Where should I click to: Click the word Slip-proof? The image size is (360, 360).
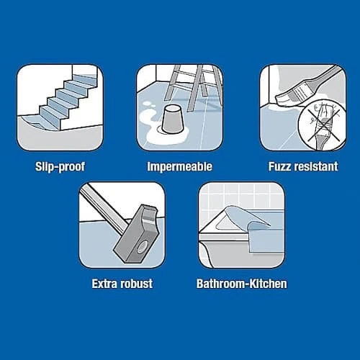point(60,166)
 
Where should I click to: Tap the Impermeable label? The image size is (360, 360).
point(180,166)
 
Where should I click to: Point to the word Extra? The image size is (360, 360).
point(105,284)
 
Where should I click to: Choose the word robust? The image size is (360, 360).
point(136,284)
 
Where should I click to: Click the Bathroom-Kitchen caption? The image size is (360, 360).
point(242,284)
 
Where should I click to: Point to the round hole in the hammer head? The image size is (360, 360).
point(141,247)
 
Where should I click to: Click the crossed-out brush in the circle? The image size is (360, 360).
point(321,125)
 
